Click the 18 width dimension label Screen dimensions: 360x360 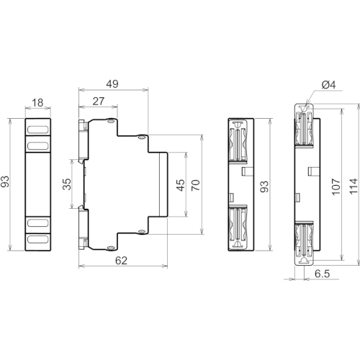coord(37,103)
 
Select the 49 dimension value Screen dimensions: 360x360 coord(112,84)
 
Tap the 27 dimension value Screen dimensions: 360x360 coord(99,102)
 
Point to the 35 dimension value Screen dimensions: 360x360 coord(67,184)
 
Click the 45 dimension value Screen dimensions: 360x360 coord(181,185)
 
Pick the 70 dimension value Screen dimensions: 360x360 coord(196,185)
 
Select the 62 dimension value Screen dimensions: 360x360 coord(121,261)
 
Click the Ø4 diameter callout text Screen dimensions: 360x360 coord(329,85)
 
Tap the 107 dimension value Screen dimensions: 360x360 coord(336,186)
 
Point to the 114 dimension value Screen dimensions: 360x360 coord(354,186)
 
